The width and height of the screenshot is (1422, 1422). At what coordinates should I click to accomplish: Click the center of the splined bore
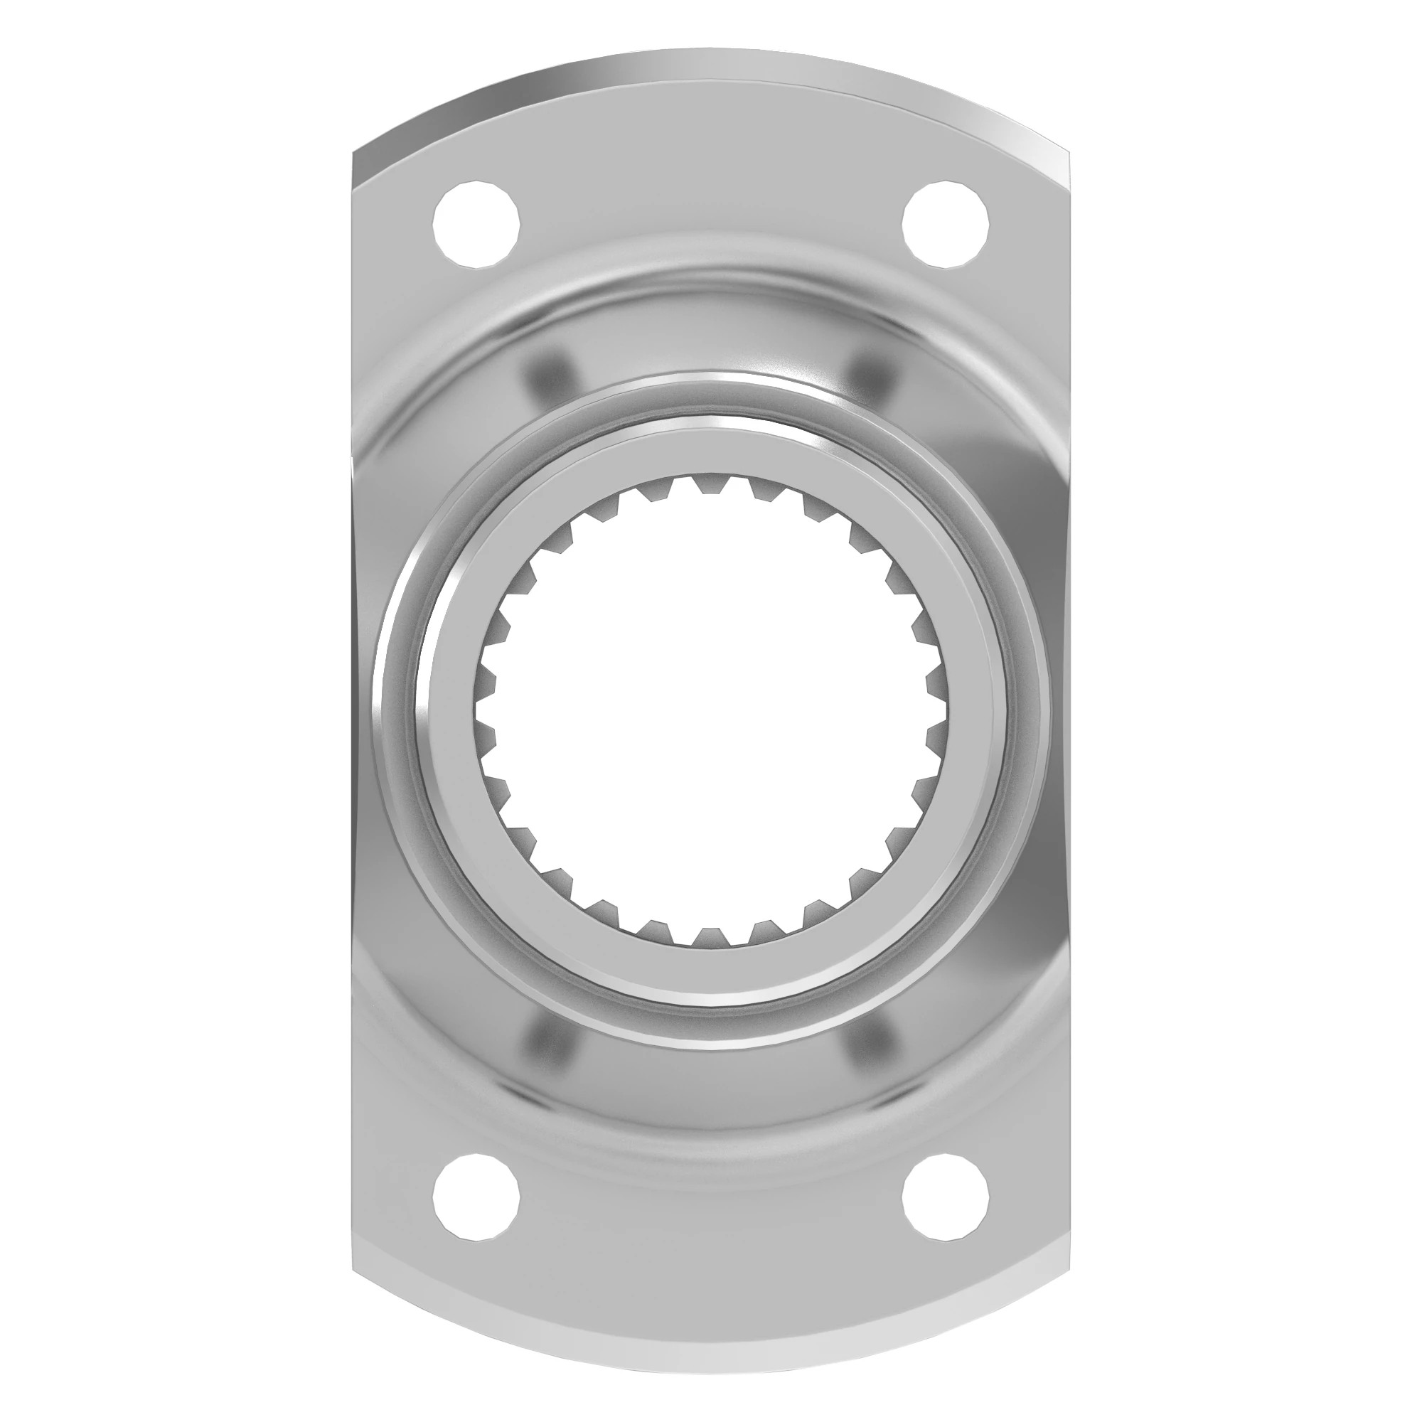[711, 711]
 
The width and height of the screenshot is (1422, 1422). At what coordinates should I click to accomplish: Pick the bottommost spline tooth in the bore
[711, 936]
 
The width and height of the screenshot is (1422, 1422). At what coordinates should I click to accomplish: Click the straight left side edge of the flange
[354, 711]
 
